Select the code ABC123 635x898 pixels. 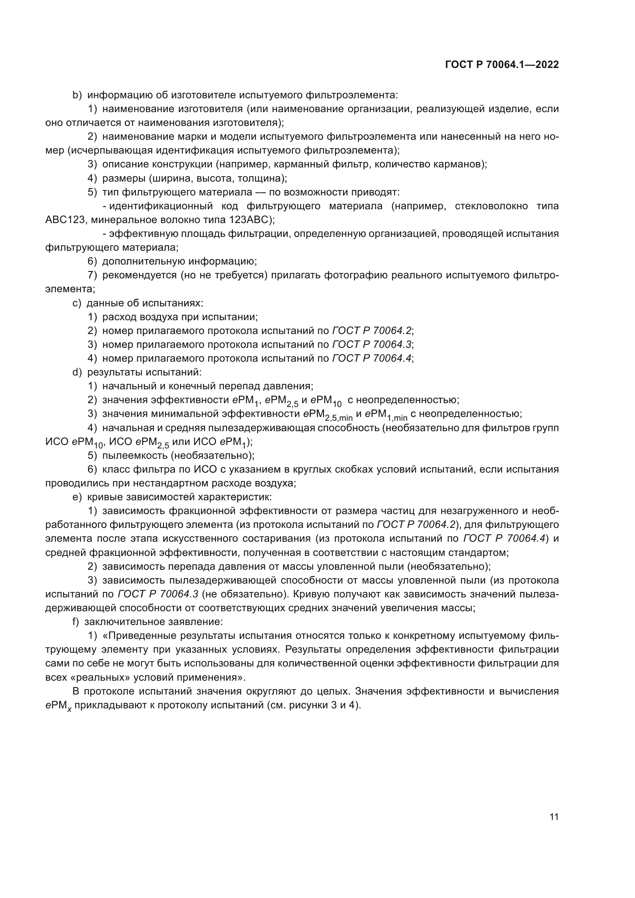[65, 220]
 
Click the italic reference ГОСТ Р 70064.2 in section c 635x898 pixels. [372, 331]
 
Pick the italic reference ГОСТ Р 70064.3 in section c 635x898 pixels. [372, 344]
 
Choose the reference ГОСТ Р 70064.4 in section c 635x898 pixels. [372, 358]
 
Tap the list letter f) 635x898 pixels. [76, 622]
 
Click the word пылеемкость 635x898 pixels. [135, 456]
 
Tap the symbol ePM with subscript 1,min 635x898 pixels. [385, 415]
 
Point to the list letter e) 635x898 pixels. [77, 497]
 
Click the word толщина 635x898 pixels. [266, 179]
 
